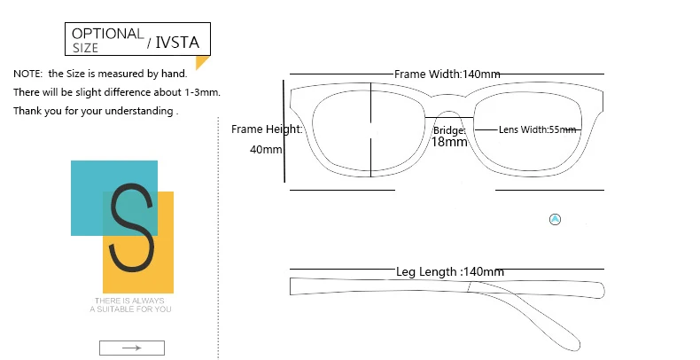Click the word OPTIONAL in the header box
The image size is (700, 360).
click(107, 33)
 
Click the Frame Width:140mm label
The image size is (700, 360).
click(448, 74)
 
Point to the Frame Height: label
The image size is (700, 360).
click(267, 129)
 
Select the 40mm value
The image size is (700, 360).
click(266, 149)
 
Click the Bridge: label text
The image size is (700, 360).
click(449, 130)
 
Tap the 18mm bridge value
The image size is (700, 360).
click(449, 142)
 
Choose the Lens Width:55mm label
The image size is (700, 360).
click(537, 129)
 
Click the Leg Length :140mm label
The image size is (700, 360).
click(450, 271)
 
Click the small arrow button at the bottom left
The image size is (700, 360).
click(132, 348)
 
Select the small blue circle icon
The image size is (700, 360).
click(556, 219)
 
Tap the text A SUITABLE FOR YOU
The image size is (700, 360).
click(132, 309)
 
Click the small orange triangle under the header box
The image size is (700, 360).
click(201, 62)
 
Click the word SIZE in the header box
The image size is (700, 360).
click(86, 48)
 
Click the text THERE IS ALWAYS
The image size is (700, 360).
click(132, 301)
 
